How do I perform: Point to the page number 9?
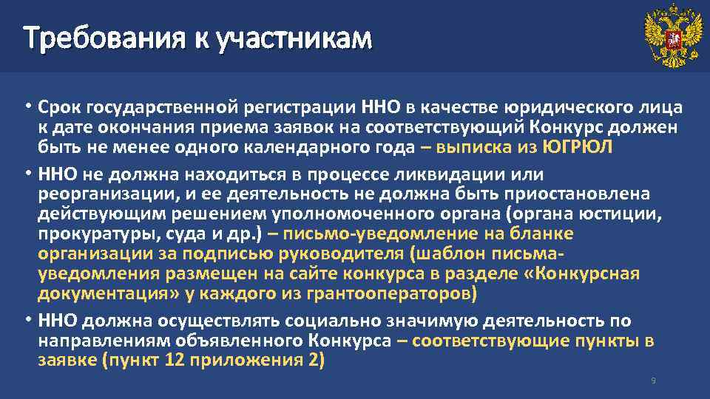[x=653, y=381]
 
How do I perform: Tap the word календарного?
[x=306, y=147]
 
